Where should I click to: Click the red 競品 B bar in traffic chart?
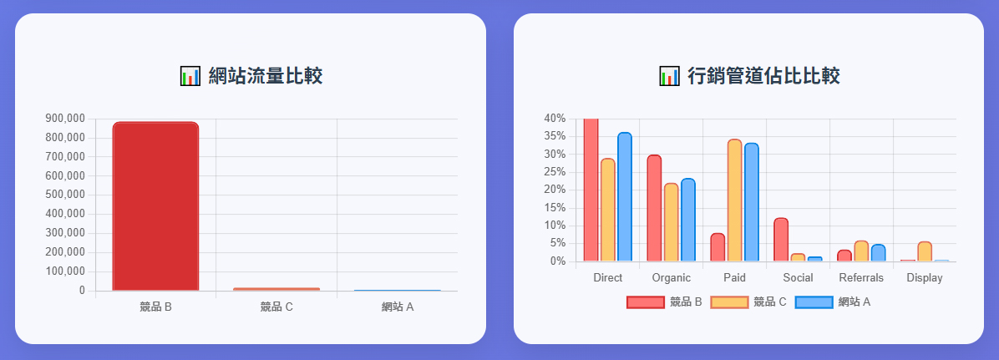[x=155, y=206]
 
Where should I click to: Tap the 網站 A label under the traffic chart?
[x=398, y=307]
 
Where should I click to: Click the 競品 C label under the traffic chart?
[x=276, y=307]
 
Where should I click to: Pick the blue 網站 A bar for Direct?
[x=625, y=197]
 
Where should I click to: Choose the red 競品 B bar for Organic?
[x=654, y=208]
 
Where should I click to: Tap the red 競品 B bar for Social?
[x=781, y=240]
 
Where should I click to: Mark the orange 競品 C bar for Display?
[x=925, y=251]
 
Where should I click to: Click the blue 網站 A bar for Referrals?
[x=878, y=253]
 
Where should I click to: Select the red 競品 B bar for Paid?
[x=718, y=247]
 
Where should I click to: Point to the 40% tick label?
[x=555, y=119]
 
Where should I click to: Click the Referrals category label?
[x=861, y=278]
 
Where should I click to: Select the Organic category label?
[x=671, y=278]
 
